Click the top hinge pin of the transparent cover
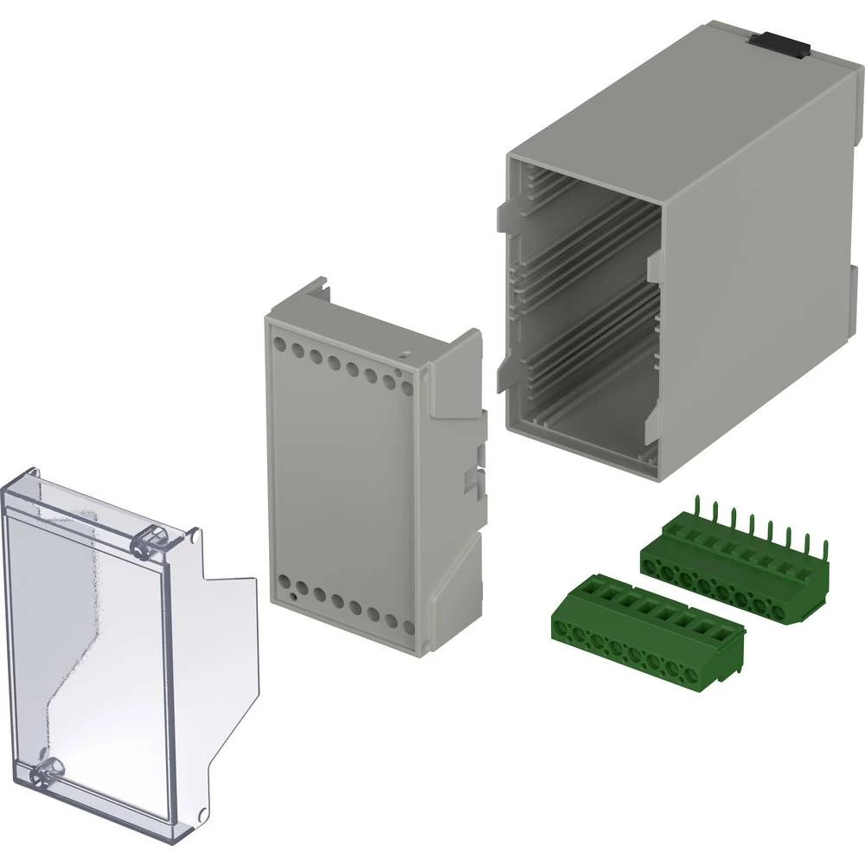[149, 541]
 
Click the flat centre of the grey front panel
[346, 476]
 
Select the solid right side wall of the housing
[761, 285]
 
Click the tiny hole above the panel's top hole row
[403, 353]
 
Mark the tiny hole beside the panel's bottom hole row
[295, 595]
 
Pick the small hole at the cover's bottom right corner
[201, 814]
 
